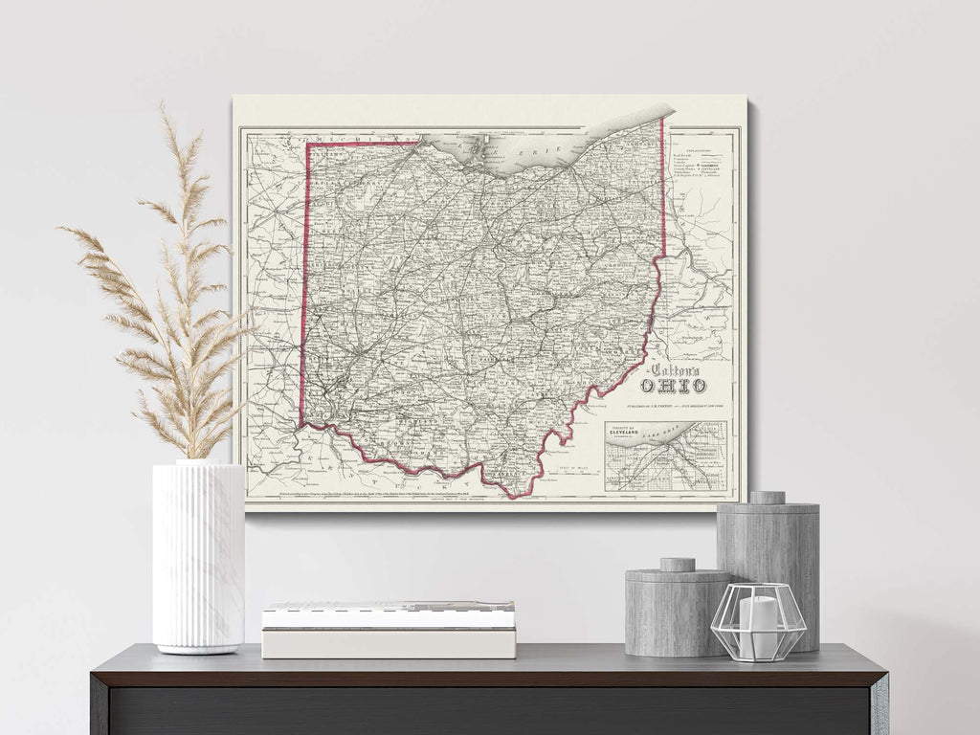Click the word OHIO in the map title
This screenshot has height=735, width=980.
pos(674,385)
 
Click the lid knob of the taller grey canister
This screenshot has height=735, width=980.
pos(767,498)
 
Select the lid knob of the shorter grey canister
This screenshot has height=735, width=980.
pos(678,565)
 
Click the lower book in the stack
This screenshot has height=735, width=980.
pos(389,643)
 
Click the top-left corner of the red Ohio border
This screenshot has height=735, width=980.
pos(307,145)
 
